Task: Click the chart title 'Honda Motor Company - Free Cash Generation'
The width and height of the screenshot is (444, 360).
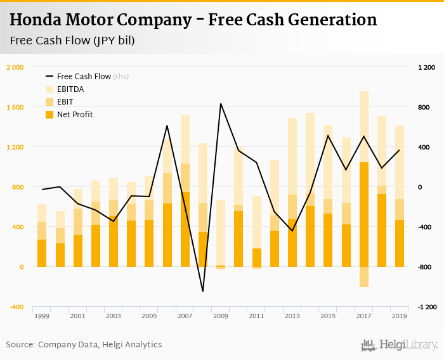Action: coord(193,20)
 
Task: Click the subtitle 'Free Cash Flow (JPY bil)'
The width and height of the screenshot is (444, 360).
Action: coord(72,41)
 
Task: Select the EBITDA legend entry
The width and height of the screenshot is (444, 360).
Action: coord(70,89)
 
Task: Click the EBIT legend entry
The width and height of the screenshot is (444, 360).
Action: coord(65,102)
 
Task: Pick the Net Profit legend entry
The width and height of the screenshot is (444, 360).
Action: coord(75,115)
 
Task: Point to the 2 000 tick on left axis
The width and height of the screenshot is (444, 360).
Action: coord(15,67)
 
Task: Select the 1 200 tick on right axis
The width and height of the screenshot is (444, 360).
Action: coord(426,67)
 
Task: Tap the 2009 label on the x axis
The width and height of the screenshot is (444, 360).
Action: coord(221,316)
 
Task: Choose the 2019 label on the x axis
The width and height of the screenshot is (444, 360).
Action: coord(399,316)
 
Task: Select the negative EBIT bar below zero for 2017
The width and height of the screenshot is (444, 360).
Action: coord(364,277)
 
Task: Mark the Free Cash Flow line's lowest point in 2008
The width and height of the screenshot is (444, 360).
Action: coord(202,292)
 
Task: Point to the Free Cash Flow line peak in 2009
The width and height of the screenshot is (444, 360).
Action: coord(221,103)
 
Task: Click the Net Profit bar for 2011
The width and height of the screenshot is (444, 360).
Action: coord(256,257)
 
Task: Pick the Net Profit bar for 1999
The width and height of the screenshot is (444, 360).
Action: coord(42,253)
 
